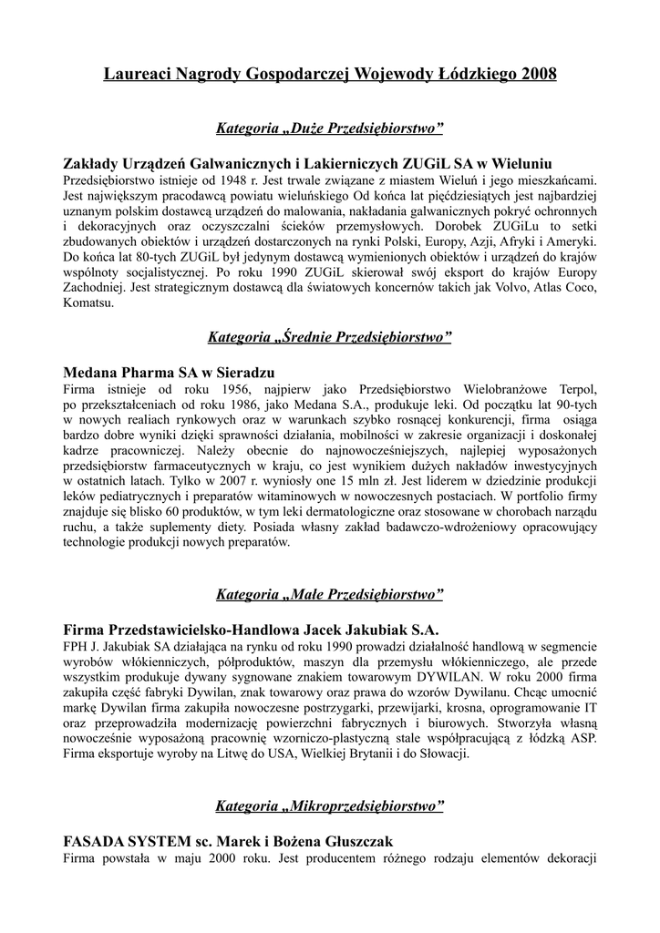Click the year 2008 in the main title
point(537,74)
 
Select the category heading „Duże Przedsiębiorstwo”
point(330,128)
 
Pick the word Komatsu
point(89,303)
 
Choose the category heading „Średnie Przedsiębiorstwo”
point(330,338)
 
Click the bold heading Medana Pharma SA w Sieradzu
point(169,373)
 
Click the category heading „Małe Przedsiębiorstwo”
point(330,595)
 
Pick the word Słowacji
point(442,754)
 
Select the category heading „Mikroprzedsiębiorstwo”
point(330,806)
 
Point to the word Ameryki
point(573,241)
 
